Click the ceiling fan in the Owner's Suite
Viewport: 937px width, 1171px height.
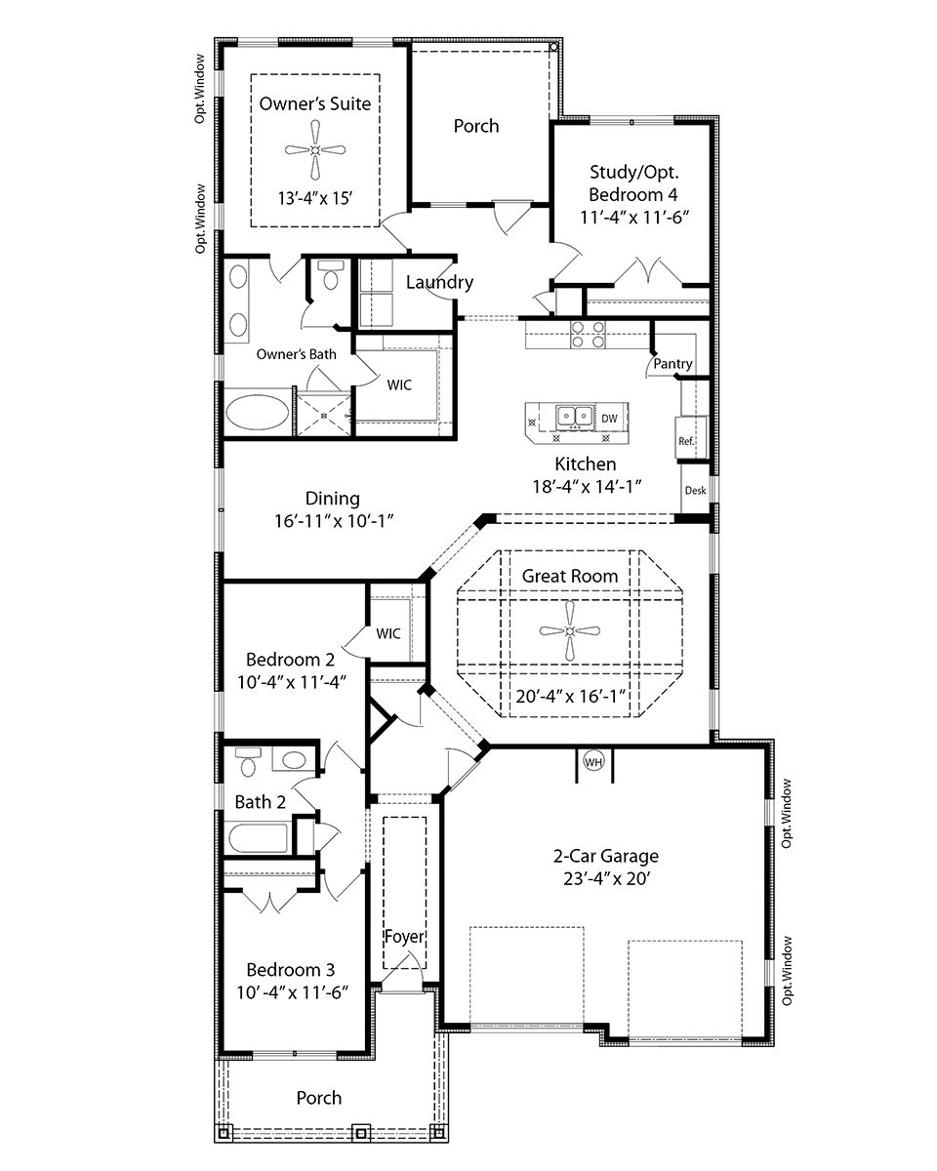coord(314,149)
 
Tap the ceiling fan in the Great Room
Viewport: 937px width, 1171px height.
coord(569,630)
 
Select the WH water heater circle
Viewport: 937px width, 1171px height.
coord(592,762)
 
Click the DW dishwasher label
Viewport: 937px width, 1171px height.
coord(609,418)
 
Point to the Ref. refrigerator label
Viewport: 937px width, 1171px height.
coord(686,441)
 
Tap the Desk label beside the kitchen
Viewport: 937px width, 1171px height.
coord(695,490)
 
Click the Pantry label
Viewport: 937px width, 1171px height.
coord(672,363)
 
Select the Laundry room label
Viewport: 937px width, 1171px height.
coord(439,282)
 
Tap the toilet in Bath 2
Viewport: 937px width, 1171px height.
coord(248,762)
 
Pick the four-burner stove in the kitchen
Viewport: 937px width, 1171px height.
coord(588,334)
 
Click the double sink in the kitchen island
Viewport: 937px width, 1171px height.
coord(575,417)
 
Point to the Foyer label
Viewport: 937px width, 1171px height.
coord(404,937)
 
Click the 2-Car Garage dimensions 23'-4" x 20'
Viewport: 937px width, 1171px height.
coord(606,879)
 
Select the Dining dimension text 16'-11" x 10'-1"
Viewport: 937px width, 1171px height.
coord(333,521)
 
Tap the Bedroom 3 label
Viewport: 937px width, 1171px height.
coord(290,970)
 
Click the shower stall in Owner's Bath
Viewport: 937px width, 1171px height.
coord(323,415)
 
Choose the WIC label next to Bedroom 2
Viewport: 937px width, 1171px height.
coord(388,633)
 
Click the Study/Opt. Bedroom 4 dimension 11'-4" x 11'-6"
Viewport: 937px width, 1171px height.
coord(634,217)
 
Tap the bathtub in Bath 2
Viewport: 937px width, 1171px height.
coord(258,838)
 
